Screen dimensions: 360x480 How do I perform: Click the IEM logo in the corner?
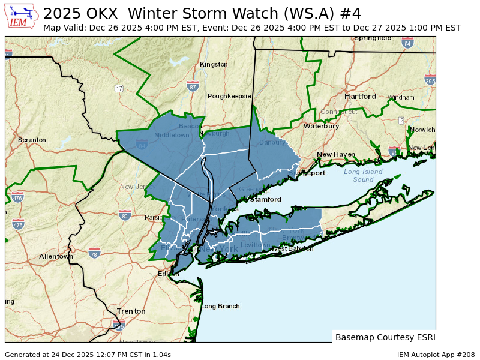coord(22,16)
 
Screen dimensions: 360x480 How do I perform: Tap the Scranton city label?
coord(32,140)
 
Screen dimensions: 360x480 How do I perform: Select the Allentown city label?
coord(56,256)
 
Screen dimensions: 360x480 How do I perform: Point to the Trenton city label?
coord(131,311)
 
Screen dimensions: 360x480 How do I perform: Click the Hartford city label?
coord(360,97)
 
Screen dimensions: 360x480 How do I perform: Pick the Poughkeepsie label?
coord(229,96)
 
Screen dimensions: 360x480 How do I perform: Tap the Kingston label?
coord(214,64)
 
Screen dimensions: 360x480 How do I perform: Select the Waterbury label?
coord(321,126)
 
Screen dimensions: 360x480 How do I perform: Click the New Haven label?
coord(336,154)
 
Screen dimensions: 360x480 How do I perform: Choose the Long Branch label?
coord(220,306)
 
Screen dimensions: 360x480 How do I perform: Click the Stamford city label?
coord(266,199)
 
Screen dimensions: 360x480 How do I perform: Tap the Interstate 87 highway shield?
coord(193,86)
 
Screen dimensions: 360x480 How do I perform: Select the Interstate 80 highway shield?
coord(125,215)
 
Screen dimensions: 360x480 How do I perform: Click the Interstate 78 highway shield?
coord(95,254)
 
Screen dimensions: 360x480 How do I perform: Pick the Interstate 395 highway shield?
coord(430,80)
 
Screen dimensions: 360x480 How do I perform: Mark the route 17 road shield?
coord(119,88)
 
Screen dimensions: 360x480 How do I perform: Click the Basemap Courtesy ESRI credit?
coord(385,337)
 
